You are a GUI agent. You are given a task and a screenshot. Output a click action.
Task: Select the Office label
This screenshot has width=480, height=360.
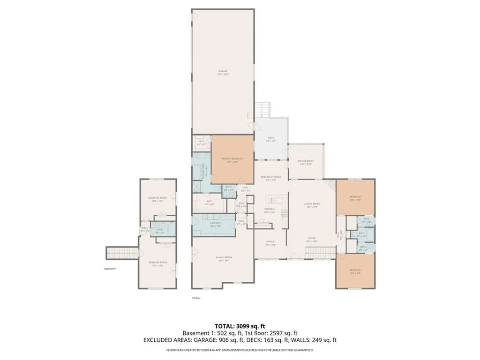pyautogui.click(x=270, y=243)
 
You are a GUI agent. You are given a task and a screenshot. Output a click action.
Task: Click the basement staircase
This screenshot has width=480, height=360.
pyautogui.click(x=122, y=253)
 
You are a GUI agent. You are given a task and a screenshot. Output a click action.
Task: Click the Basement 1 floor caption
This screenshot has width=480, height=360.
pyautogui.click(x=110, y=269)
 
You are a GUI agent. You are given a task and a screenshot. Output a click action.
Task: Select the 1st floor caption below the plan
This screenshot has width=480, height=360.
pyautogui.click(x=196, y=298)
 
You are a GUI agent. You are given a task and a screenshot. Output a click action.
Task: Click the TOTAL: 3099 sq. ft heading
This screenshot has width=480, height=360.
pyautogui.click(x=240, y=326)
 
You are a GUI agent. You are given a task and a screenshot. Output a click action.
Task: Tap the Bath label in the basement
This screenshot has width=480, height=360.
pyautogui.click(x=159, y=230)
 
